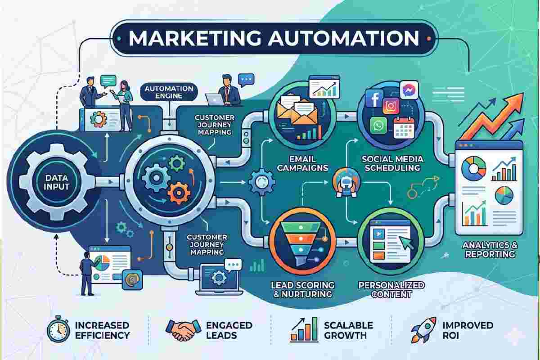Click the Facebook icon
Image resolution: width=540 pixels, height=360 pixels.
[373, 98]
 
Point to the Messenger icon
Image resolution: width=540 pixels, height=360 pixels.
[408, 89]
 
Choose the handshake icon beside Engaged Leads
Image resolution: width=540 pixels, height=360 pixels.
[181, 330]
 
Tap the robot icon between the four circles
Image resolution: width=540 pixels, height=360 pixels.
[342, 182]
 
